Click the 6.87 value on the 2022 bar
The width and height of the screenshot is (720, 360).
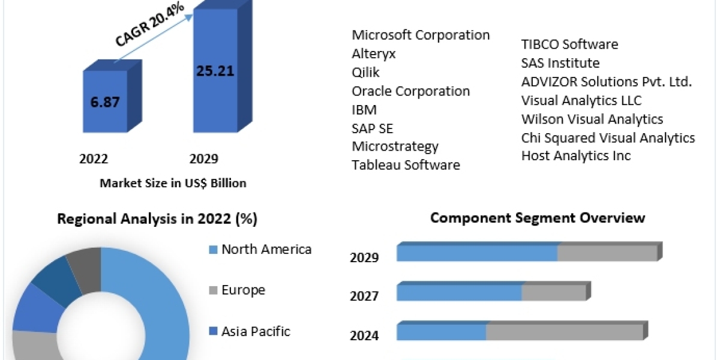coord(105,101)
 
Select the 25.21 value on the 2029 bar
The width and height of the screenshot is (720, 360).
coord(215,71)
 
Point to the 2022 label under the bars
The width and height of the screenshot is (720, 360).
coord(94,159)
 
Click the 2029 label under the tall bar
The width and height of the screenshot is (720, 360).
coord(204,159)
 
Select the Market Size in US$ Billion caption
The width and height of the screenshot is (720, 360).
coord(173,183)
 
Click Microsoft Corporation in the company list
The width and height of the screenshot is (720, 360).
coord(421,35)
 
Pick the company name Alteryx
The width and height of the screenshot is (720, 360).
coord(374,53)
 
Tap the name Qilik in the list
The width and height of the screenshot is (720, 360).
coord(365,72)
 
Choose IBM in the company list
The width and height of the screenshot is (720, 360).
coord(364,109)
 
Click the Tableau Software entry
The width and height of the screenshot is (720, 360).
coord(406,165)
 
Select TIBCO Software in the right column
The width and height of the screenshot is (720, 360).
coord(569,44)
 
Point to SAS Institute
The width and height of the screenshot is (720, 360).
coord(560,62)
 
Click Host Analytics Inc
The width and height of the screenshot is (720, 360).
coord(576,155)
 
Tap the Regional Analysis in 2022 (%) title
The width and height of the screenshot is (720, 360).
coord(157,219)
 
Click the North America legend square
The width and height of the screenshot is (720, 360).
coord(212,250)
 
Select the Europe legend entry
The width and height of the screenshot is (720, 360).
coord(243,290)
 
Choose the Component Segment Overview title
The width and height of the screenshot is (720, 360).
coord(538,217)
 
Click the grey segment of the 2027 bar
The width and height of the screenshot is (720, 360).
coord(553,293)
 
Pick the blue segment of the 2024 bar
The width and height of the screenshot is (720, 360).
coord(441,331)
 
